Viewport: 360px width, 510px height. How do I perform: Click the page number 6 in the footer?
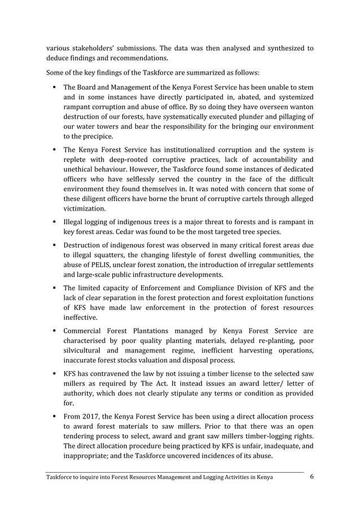(x=312, y=477)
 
